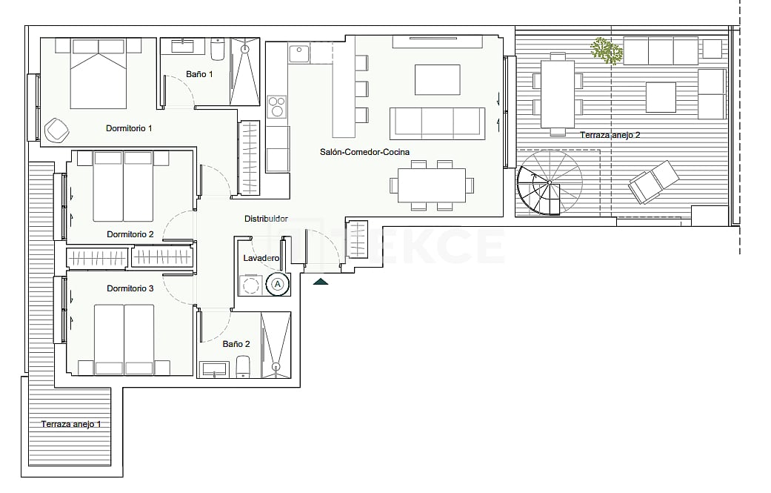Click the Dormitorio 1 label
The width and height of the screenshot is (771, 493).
point(129,128)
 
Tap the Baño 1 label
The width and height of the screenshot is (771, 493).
point(199,74)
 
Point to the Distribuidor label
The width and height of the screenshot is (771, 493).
point(266,219)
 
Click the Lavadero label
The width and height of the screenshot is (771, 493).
point(261,258)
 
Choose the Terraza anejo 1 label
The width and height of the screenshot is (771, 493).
point(71,424)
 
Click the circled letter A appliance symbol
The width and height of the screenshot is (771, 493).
point(278,283)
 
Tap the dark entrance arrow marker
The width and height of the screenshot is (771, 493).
point(321,281)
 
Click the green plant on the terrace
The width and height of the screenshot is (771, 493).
point(607,50)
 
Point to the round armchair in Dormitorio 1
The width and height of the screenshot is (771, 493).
point(57,130)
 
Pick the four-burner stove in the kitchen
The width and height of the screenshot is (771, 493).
point(276,106)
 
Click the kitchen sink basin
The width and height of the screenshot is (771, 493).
point(298,54)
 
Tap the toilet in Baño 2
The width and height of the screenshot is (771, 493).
point(244,366)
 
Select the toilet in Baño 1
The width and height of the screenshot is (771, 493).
point(218,50)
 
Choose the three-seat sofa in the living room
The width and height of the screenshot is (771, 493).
point(436,122)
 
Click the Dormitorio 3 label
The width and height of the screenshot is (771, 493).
point(130,288)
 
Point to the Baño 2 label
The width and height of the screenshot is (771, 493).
point(236,344)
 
